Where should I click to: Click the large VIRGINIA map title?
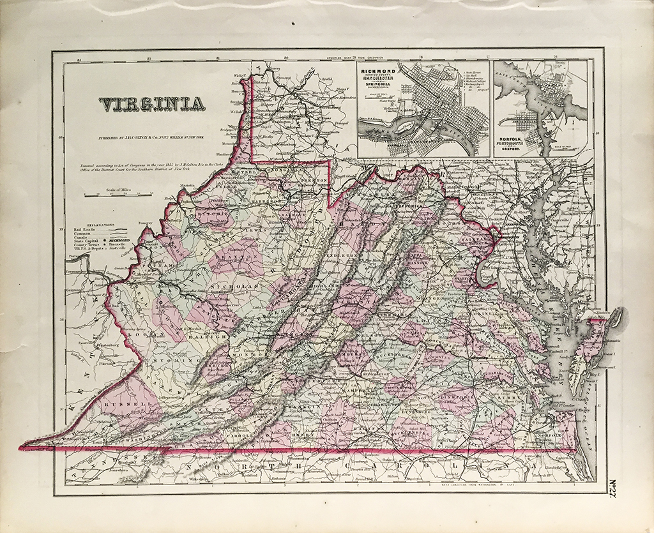pos(151,104)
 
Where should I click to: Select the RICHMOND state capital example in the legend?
pos(130,241)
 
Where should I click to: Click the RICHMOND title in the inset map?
pos(378,72)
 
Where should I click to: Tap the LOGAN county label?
pos(141,334)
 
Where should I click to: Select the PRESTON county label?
pos(317,180)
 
